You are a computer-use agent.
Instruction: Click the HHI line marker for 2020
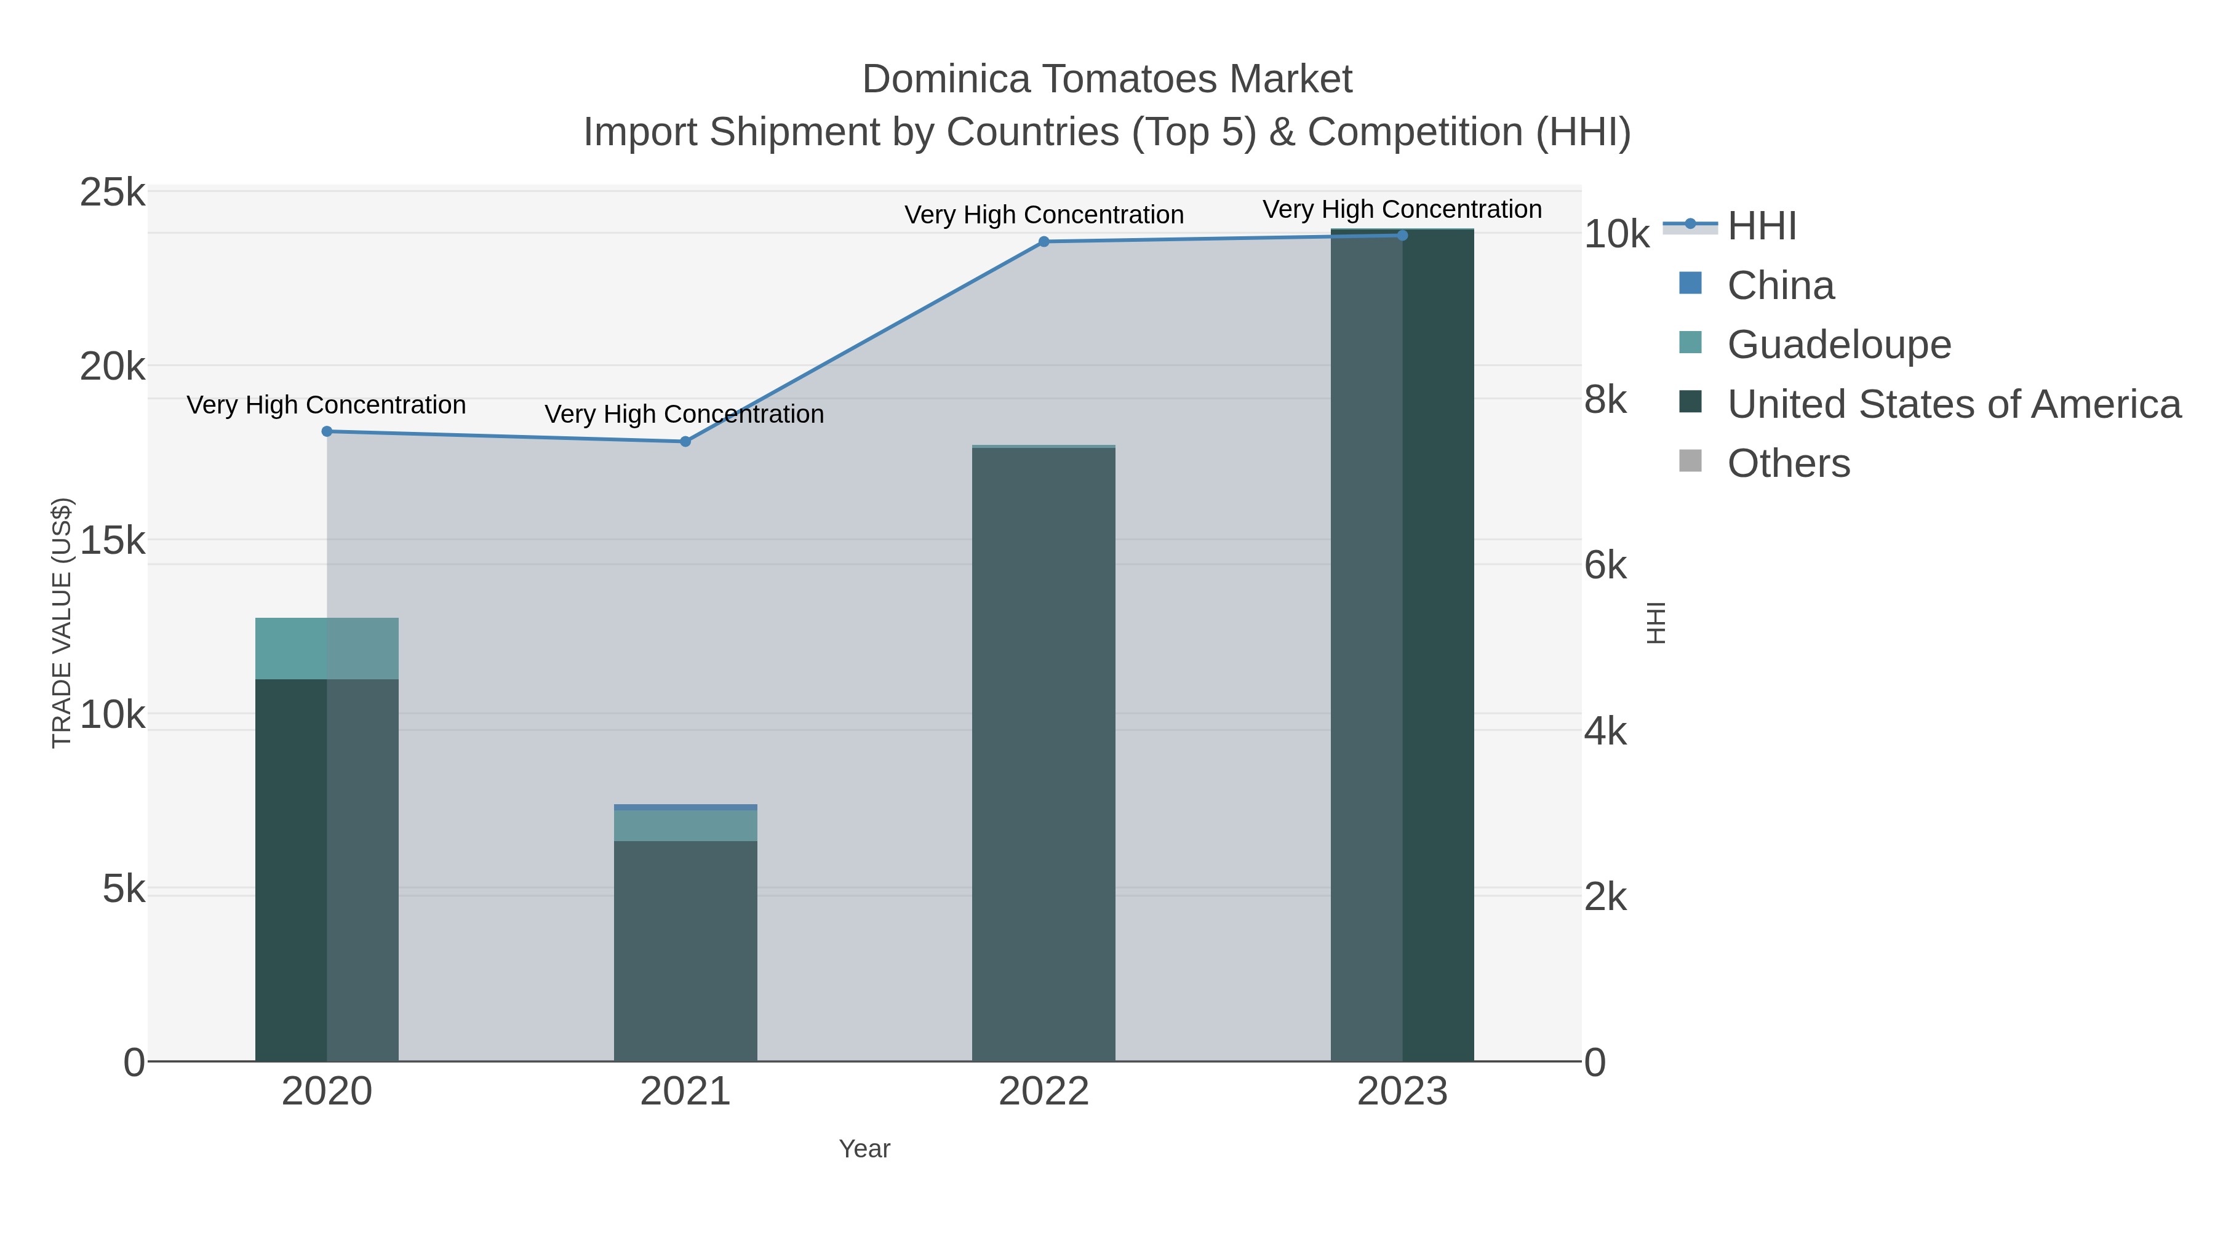tap(327, 432)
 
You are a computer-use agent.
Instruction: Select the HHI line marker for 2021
tap(685, 441)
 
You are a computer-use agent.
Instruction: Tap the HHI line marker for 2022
tap(1044, 242)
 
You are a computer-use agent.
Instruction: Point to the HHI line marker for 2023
tap(1402, 236)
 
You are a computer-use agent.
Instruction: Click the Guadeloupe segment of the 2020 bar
tap(327, 649)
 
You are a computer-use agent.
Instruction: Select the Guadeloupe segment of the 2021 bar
tap(685, 826)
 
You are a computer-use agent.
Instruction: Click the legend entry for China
tap(1780, 286)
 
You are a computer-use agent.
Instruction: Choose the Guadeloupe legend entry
tap(1838, 345)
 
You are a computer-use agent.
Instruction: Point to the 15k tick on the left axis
tap(113, 541)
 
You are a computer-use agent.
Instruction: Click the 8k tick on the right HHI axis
tap(1605, 401)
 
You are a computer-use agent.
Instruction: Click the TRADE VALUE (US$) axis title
tap(62, 623)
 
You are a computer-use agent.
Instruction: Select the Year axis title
tap(864, 1149)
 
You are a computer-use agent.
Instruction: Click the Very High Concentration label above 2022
tap(1044, 215)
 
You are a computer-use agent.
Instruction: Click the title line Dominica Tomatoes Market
tap(1107, 79)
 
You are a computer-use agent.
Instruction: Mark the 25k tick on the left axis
tap(113, 193)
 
